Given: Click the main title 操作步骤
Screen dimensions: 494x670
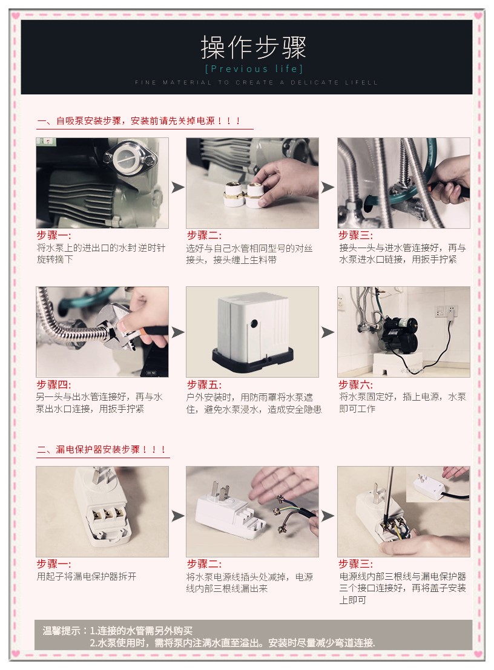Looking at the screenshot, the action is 254,47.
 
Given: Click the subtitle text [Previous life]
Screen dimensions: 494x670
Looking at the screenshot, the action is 254,69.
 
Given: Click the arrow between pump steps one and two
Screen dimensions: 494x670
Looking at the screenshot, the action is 177,187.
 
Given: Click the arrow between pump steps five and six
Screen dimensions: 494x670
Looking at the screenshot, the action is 328,332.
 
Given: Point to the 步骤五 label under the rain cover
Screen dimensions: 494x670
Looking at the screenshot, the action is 204,384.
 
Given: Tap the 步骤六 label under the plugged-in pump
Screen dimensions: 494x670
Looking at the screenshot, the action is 355,384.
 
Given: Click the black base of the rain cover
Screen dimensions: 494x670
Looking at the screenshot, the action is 253,356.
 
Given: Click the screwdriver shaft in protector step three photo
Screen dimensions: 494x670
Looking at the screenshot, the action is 388,496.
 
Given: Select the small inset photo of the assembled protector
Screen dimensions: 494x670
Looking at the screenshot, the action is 438,484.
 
